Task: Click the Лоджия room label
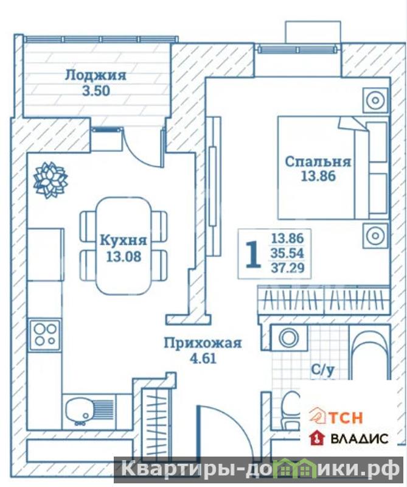[x=96, y=75]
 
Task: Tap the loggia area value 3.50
[x=96, y=91]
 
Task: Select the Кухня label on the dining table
[x=123, y=240]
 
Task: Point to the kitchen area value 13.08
[x=124, y=256]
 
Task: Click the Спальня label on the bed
[x=318, y=162]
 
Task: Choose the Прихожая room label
[x=203, y=343]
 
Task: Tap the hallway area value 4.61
[x=203, y=359]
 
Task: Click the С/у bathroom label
[x=323, y=370]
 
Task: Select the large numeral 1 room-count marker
[x=253, y=254]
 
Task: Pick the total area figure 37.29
[x=288, y=267]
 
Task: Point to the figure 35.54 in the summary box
[x=287, y=253]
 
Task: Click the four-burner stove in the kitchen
[x=46, y=334]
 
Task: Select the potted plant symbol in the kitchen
[x=50, y=180]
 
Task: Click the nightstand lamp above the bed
[x=375, y=100]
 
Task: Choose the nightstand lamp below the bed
[x=375, y=236]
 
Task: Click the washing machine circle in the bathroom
[x=288, y=338]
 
